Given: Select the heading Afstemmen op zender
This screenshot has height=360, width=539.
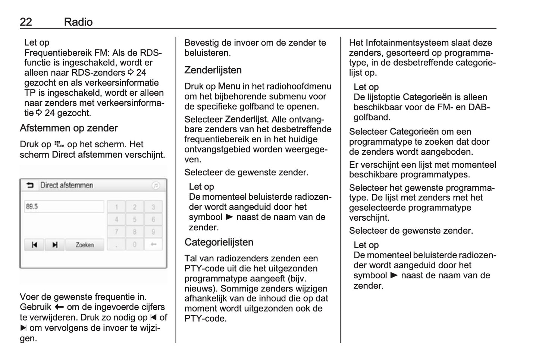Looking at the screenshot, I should [69, 128].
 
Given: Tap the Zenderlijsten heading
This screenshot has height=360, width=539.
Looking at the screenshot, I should [213, 70].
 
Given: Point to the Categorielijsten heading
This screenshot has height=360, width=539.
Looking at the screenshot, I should [219, 242].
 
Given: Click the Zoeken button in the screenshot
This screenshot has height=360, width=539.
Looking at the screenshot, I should [85, 245].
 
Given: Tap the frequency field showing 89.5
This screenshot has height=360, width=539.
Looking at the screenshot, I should [64, 206].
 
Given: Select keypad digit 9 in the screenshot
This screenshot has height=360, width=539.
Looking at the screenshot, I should [153, 232].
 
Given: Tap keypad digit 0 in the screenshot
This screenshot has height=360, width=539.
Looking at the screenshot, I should [135, 244].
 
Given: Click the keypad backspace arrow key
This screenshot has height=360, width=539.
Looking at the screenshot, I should [153, 244].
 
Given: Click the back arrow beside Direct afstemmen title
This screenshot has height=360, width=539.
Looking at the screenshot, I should [30, 185].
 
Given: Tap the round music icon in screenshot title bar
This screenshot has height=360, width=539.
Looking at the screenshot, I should [156, 185].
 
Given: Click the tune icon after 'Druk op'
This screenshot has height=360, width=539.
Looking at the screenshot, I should [59, 145].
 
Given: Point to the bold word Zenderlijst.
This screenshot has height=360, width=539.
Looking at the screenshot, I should [246, 119].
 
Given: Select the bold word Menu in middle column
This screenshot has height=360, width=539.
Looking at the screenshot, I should [229, 86].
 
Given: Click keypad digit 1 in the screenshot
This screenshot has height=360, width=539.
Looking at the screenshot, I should [116, 207].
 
